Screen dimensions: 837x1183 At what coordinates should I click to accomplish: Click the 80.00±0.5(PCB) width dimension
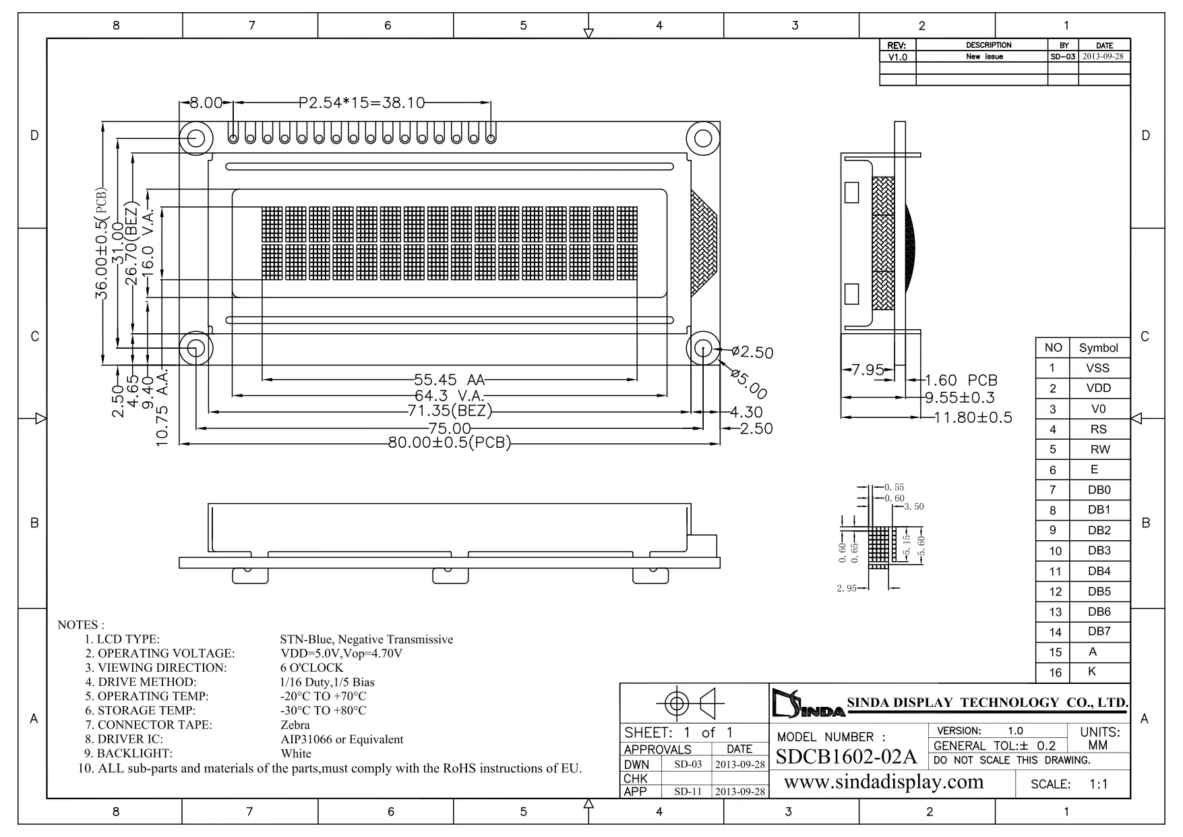449,443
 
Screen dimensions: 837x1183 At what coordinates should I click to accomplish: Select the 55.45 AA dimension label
449,380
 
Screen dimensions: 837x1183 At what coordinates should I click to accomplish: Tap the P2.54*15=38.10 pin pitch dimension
361,103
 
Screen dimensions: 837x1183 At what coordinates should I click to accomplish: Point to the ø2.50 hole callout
752,352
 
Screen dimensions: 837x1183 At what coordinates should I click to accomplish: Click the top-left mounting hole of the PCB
196,138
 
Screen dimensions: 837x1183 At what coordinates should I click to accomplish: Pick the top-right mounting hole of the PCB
702,138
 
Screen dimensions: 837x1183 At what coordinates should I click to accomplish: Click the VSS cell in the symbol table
1098,368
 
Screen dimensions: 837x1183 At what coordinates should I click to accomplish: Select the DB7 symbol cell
1099,631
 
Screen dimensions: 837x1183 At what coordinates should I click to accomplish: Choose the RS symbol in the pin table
1099,429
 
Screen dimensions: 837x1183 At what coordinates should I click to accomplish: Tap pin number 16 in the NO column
1055,672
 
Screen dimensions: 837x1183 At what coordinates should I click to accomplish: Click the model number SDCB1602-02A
846,757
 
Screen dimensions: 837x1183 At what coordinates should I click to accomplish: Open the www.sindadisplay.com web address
884,782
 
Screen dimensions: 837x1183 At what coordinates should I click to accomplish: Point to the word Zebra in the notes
295,725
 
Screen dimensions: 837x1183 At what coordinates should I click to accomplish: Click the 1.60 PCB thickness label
961,381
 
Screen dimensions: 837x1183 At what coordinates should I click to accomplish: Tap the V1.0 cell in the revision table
897,57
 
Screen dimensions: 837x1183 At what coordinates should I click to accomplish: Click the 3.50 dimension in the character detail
913,507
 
